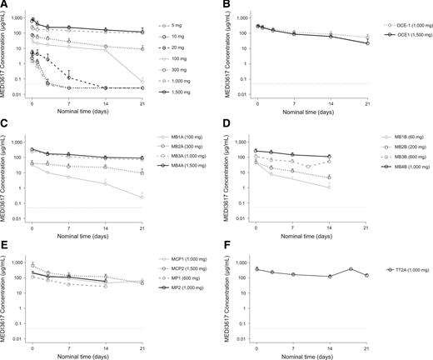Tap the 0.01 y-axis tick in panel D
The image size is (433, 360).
coord(239,219)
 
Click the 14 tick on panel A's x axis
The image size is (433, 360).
coord(107,104)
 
